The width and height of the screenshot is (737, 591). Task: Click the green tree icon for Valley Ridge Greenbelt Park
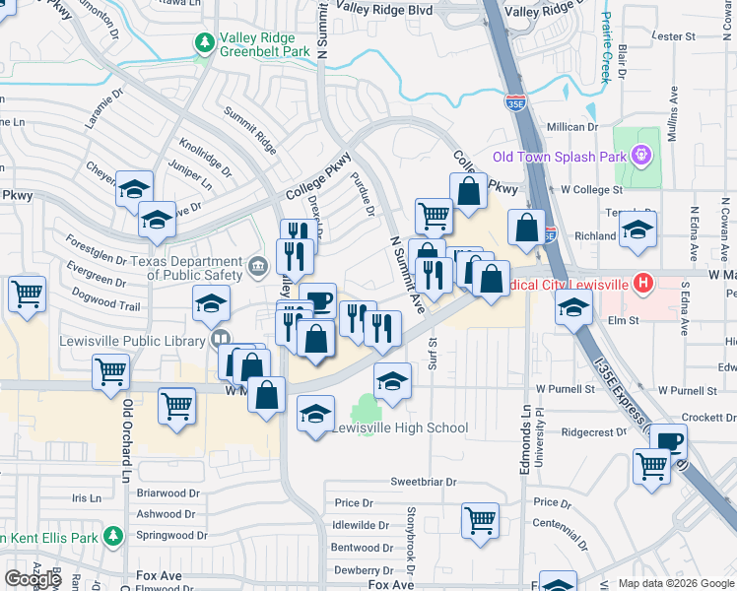(205, 41)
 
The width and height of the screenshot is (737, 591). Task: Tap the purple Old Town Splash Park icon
(642, 155)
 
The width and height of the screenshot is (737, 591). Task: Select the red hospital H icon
(643, 284)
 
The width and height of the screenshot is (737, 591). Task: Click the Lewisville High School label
(399, 428)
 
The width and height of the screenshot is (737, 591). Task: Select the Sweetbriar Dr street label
(424, 482)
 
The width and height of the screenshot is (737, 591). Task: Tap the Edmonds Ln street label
(526, 439)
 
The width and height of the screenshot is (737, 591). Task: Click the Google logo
(33, 578)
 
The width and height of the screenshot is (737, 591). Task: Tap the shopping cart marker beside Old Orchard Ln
(111, 371)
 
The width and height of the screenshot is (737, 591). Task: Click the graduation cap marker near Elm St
(573, 309)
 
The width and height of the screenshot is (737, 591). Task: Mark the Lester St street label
(674, 36)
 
